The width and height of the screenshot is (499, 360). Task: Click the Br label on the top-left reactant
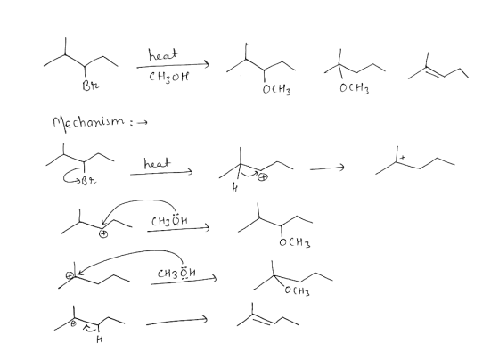[x=90, y=86]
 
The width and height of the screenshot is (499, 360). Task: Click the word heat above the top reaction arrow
[x=164, y=54]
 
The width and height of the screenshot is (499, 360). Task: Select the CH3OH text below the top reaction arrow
[x=168, y=77]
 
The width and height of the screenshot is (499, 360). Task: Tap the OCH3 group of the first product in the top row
[x=276, y=89]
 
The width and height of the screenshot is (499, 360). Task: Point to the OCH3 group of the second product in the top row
[x=355, y=88]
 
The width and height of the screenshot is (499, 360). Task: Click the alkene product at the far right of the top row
[x=438, y=68]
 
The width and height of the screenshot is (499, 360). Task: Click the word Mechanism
[x=88, y=123]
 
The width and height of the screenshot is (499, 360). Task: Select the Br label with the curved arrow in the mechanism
[x=88, y=181]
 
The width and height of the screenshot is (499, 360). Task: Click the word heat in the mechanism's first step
[x=157, y=163]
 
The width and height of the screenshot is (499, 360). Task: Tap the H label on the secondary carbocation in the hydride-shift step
[x=235, y=189]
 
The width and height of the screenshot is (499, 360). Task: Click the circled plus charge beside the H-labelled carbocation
[x=263, y=176]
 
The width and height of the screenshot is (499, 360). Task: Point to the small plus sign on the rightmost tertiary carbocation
[x=403, y=157]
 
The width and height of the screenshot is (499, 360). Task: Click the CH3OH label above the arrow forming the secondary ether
[x=169, y=220]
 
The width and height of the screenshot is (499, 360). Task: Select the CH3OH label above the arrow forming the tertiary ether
[x=176, y=273]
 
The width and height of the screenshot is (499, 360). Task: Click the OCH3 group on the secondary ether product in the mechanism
[x=295, y=242]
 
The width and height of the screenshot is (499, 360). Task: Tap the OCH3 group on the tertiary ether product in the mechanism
[x=297, y=290]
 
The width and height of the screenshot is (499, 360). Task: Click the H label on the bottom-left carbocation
[x=99, y=340]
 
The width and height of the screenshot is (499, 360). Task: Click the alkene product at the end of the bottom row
[x=268, y=315]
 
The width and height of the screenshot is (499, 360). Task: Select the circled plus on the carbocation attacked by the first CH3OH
[x=103, y=234]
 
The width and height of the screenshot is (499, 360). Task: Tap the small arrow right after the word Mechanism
[x=143, y=122]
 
